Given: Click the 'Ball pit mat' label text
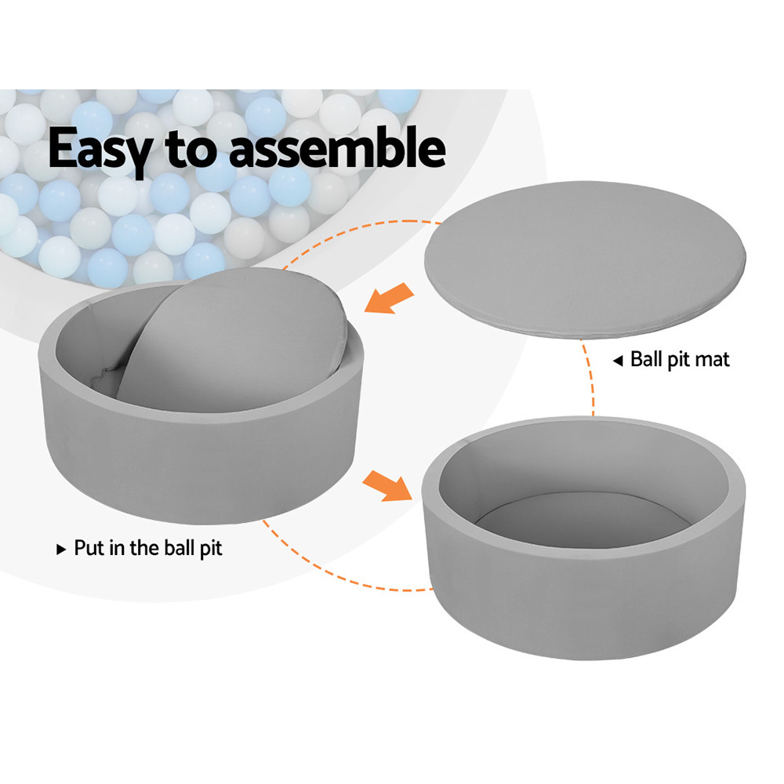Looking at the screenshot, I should [x=680, y=360].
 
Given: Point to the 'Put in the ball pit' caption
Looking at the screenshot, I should [x=148, y=548].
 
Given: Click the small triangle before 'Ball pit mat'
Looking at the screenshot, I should [x=618, y=361].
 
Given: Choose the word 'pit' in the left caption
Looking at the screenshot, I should [x=209, y=548].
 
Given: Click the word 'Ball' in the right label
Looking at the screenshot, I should [x=647, y=360].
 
